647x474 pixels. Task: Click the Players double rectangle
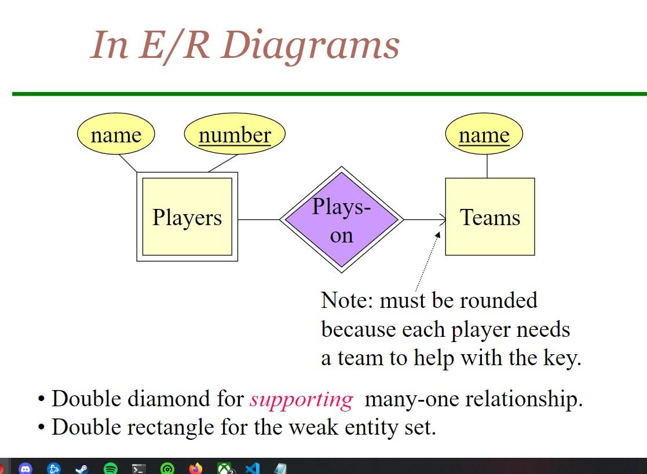tap(187, 217)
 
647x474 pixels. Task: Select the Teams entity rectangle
tap(490, 217)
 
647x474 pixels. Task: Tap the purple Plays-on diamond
tap(341, 220)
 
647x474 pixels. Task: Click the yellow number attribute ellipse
tap(235, 134)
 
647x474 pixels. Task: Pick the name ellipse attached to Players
tap(116, 134)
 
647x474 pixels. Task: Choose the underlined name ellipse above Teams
tap(484, 134)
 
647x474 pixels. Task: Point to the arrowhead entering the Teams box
tap(443, 220)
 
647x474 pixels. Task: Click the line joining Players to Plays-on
tap(259, 220)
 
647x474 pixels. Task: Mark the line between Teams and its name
tap(487, 166)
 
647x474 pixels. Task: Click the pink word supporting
tap(301, 399)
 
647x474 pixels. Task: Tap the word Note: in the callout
tap(347, 300)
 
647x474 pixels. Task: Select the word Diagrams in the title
tap(310, 45)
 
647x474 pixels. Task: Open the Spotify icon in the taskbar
tap(110, 468)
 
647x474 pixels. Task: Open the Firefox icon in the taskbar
tap(196, 468)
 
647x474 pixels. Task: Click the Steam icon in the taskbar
tap(82, 468)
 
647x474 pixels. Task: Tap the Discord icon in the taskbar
tap(25, 468)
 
